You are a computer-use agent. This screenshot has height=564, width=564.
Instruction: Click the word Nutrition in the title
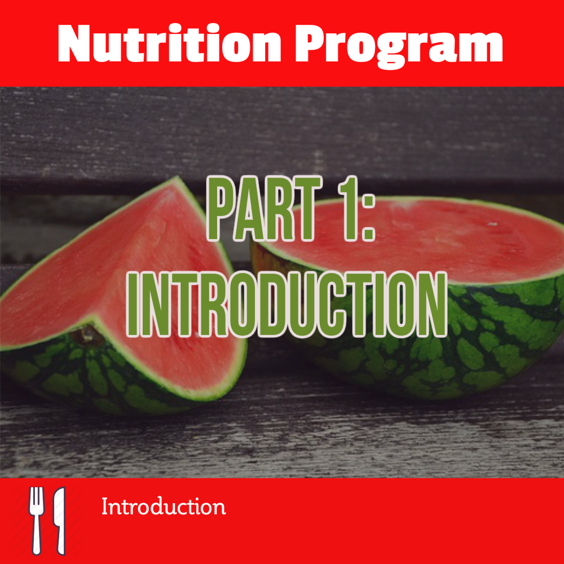click(169, 44)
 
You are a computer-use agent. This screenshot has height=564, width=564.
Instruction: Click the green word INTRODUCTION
click(287, 305)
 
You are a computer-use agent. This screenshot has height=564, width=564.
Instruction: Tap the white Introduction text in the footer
click(164, 506)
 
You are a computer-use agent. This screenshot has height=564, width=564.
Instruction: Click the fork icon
click(36, 520)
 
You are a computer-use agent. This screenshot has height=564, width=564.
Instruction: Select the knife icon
click(59, 520)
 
